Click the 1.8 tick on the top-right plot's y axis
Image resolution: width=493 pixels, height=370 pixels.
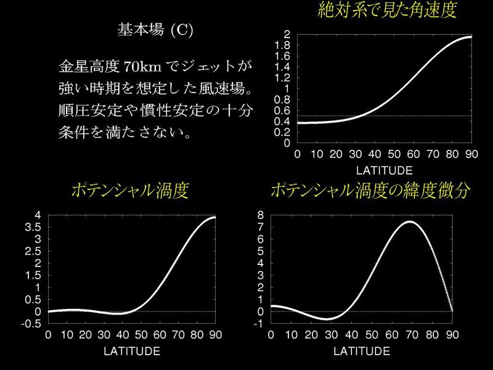(282, 45)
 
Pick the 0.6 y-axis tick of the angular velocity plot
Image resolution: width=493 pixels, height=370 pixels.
(282, 111)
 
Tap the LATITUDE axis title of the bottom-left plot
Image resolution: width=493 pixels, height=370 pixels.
(132, 351)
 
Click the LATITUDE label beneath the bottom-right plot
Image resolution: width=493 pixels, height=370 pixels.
(361, 351)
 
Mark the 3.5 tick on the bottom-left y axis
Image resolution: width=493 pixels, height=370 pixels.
(33, 227)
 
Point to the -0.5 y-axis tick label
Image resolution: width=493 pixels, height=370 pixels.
(31, 324)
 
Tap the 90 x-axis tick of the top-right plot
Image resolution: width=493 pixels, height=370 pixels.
(471, 154)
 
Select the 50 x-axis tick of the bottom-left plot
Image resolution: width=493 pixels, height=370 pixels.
(141, 335)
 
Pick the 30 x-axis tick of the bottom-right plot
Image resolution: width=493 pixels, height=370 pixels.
(332, 335)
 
